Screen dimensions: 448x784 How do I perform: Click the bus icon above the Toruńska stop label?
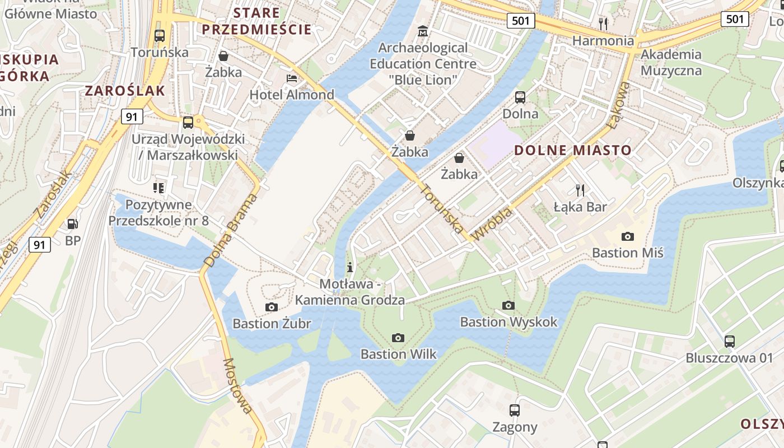click(x=160, y=36)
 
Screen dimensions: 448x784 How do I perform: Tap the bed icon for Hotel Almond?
click(x=292, y=78)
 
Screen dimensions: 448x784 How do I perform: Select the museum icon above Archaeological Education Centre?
click(x=423, y=31)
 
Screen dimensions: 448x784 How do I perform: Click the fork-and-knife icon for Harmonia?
click(x=603, y=24)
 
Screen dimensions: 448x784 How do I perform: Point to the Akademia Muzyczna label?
click(x=671, y=62)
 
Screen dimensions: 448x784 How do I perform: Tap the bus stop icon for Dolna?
click(x=520, y=97)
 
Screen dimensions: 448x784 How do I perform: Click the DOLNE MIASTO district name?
click(x=573, y=150)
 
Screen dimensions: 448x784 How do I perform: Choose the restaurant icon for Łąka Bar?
click(x=580, y=190)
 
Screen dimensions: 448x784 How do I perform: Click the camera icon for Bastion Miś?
click(x=628, y=236)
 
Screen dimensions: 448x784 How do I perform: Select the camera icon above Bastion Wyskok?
click(x=508, y=305)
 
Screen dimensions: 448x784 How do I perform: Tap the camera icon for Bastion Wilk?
click(x=398, y=338)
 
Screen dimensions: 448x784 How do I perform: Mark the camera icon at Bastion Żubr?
click(x=272, y=307)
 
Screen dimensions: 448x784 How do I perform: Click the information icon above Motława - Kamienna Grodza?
click(x=350, y=267)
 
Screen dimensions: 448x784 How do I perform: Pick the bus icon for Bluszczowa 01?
click(x=729, y=341)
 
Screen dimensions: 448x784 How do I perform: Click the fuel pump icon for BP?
click(x=73, y=224)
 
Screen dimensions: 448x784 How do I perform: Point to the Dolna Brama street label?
click(x=231, y=230)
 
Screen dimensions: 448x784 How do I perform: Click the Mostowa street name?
click(x=237, y=386)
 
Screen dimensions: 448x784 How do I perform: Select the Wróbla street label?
click(x=492, y=224)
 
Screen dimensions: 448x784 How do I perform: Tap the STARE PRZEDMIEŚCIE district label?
click(x=256, y=21)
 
